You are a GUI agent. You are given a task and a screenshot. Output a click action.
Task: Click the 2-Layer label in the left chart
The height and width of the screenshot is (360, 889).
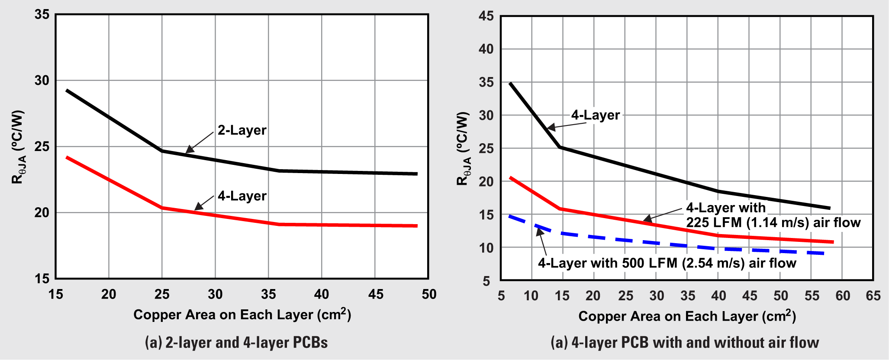pyautogui.click(x=242, y=130)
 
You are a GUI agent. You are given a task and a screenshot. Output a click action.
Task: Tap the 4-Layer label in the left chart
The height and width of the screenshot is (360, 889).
pyautogui.click(x=242, y=196)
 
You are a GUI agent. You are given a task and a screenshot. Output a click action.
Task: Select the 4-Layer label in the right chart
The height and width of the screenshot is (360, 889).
pyautogui.click(x=595, y=115)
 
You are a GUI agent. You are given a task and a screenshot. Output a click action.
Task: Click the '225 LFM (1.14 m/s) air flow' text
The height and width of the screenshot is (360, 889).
pyautogui.click(x=773, y=222)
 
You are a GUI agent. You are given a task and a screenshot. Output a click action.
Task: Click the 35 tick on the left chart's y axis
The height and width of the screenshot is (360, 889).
pyautogui.click(x=42, y=15)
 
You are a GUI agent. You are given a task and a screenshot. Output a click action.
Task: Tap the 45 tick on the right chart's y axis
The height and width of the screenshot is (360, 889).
pyautogui.click(x=486, y=16)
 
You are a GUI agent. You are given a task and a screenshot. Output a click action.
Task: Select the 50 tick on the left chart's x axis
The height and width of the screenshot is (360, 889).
pyautogui.click(x=428, y=294)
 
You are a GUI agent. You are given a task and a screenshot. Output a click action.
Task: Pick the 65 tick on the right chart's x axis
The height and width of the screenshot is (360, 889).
pyautogui.click(x=873, y=296)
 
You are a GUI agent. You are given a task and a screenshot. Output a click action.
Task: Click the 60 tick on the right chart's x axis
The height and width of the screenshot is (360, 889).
pyautogui.click(x=842, y=296)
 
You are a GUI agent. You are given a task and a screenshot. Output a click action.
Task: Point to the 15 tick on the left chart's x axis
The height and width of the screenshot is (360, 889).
pyautogui.click(x=55, y=294)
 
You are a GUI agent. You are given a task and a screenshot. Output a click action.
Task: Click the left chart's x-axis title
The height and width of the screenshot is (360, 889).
pyautogui.click(x=242, y=315)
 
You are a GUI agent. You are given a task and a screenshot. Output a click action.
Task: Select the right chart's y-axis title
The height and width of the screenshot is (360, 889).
pyautogui.click(x=463, y=148)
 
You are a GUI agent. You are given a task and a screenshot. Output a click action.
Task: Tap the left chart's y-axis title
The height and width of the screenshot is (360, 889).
pyautogui.click(x=18, y=147)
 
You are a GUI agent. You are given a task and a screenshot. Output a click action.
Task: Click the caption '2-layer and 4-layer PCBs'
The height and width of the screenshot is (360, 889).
pyautogui.click(x=236, y=343)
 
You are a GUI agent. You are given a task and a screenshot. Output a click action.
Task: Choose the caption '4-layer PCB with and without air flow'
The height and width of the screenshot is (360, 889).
pyautogui.click(x=685, y=343)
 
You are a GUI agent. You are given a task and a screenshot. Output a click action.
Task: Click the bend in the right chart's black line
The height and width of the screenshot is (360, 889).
pyautogui.click(x=560, y=147)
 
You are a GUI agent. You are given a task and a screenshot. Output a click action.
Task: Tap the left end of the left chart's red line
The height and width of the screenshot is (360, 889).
pyautogui.click(x=67, y=157)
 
